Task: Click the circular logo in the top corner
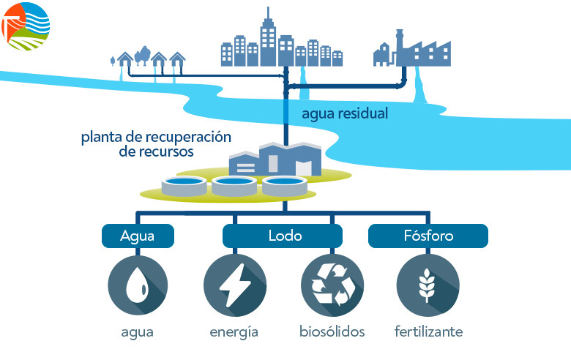click(26, 26)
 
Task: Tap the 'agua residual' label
click(345, 114)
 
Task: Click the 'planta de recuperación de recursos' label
click(156, 145)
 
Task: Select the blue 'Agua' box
click(138, 236)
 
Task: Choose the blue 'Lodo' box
click(283, 236)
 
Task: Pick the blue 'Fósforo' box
click(428, 236)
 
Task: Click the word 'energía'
click(234, 332)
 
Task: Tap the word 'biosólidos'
click(332, 332)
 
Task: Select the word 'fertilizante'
click(428, 332)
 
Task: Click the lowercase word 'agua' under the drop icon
click(138, 332)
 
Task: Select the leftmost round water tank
click(183, 186)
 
